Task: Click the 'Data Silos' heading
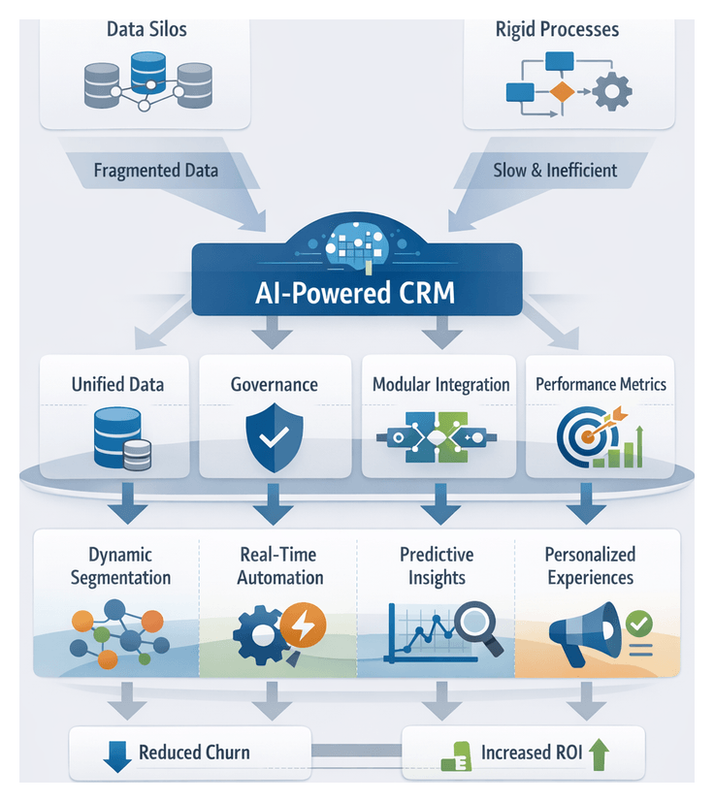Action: (x=146, y=29)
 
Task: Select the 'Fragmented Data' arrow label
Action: (x=155, y=171)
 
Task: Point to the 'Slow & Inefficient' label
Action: (x=554, y=171)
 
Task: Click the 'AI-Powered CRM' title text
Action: (x=356, y=293)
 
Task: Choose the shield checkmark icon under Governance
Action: (x=275, y=435)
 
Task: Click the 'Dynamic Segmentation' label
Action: (x=115, y=566)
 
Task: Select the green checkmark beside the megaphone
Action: (x=639, y=622)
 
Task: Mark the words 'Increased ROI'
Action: (x=531, y=753)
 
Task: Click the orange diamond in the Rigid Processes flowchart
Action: (x=561, y=93)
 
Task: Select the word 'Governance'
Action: (x=274, y=384)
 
